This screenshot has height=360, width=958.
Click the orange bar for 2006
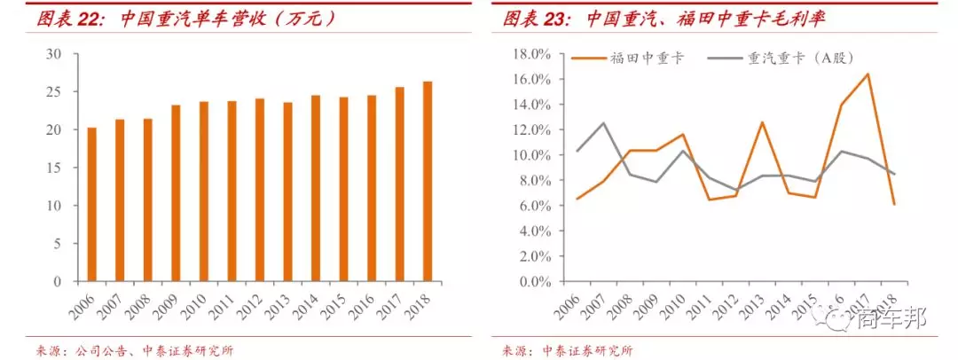point(92,205)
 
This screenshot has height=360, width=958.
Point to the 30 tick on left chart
point(54,54)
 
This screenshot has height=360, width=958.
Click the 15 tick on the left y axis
point(54,168)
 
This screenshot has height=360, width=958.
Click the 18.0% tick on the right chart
point(530,54)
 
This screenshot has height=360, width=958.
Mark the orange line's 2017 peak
point(867,74)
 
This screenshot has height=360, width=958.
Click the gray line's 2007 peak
point(603,123)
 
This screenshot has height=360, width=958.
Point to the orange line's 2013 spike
point(761,122)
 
